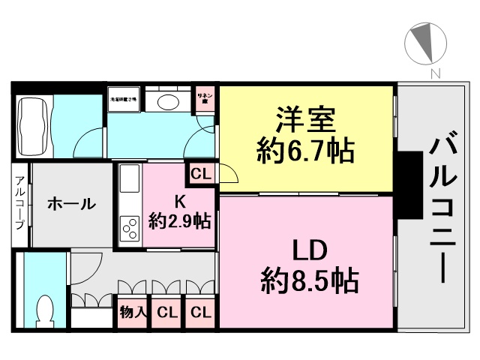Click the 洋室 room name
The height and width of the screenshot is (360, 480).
pyautogui.click(x=304, y=118)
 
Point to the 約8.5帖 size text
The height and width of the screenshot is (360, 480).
pyautogui.click(x=309, y=282)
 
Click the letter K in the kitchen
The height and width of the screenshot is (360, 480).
pyautogui.click(x=179, y=200)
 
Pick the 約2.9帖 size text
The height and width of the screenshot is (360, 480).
pyautogui.click(x=179, y=221)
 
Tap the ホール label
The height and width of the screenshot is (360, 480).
pyautogui.click(x=71, y=203)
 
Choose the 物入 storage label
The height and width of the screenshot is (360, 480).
pyautogui.click(x=133, y=312)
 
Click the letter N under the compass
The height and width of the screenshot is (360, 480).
pyautogui.click(x=433, y=73)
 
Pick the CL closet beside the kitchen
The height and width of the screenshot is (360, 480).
pyautogui.click(x=200, y=174)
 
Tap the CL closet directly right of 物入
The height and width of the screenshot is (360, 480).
pyautogui.click(x=167, y=312)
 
